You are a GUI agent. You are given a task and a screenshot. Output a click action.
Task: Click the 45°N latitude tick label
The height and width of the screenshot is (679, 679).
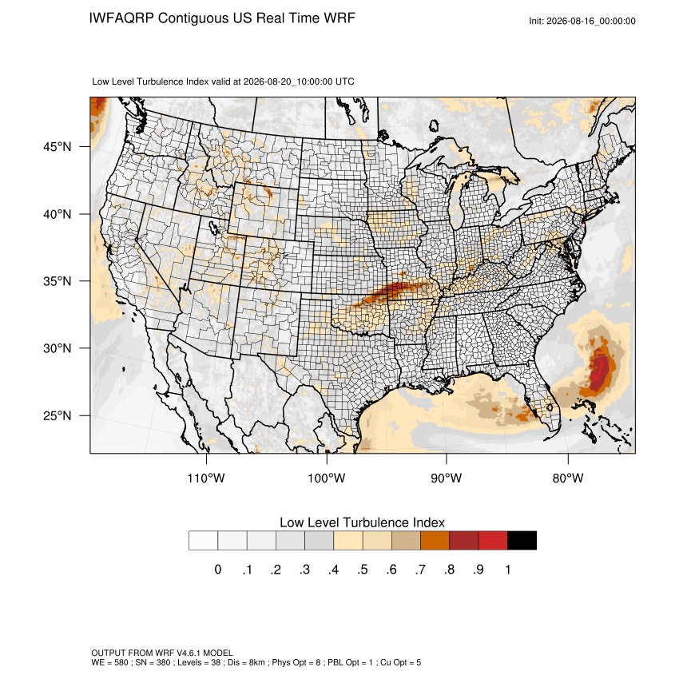tap(58, 147)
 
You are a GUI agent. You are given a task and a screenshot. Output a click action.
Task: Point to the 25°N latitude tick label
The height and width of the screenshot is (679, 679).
tap(58, 415)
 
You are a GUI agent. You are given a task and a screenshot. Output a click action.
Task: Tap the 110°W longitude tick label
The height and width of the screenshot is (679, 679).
tap(206, 478)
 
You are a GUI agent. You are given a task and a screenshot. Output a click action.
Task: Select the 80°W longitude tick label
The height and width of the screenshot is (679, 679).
tap(568, 478)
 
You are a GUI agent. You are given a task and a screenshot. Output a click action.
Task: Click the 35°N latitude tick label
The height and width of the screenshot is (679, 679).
tap(58, 281)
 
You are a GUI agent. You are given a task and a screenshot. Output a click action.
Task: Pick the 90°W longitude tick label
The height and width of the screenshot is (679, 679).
tap(446, 478)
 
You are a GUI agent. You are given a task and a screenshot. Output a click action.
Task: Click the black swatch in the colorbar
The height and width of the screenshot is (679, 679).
tap(522, 541)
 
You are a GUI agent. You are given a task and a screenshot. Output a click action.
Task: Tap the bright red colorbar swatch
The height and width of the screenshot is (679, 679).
tap(493, 541)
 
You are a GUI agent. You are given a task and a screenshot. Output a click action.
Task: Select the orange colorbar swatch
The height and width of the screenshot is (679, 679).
tap(435, 541)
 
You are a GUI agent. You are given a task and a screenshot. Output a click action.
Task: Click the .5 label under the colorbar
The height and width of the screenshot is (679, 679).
tap(363, 570)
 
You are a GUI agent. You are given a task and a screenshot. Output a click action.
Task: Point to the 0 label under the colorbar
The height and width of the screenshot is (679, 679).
tap(218, 570)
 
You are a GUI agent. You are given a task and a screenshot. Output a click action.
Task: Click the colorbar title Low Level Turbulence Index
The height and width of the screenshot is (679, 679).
tap(362, 522)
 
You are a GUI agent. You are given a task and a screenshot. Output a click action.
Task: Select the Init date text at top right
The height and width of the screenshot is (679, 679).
tap(582, 21)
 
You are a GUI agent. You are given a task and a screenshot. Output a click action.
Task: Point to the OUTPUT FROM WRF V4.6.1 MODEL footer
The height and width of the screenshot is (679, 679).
tap(162, 653)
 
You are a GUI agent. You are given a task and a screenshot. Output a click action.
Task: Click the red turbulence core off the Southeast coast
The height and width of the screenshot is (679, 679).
tap(599, 369)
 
